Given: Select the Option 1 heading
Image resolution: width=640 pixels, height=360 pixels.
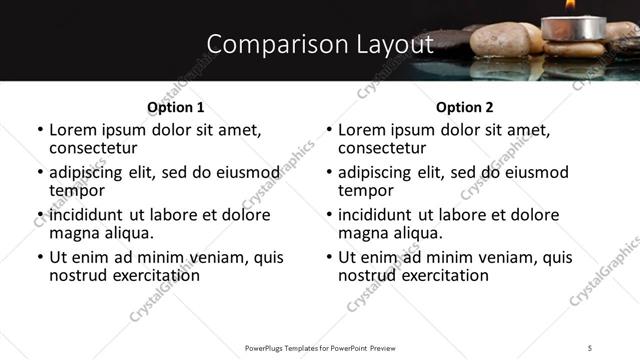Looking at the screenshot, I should [176, 107].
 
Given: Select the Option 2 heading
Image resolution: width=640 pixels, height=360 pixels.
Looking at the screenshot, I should [464, 107].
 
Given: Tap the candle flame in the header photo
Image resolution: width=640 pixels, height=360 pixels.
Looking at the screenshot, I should [570, 5].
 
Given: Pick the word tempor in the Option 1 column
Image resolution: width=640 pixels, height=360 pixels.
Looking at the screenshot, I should [77, 190].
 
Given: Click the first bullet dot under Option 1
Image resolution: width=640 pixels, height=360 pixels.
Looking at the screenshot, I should [40, 131].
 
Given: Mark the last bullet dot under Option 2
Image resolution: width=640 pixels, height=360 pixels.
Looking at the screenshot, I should [329, 258].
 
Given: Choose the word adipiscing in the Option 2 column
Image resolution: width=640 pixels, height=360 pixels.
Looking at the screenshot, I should [373, 172].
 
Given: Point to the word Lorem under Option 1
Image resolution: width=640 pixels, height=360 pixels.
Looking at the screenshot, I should [73, 130].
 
